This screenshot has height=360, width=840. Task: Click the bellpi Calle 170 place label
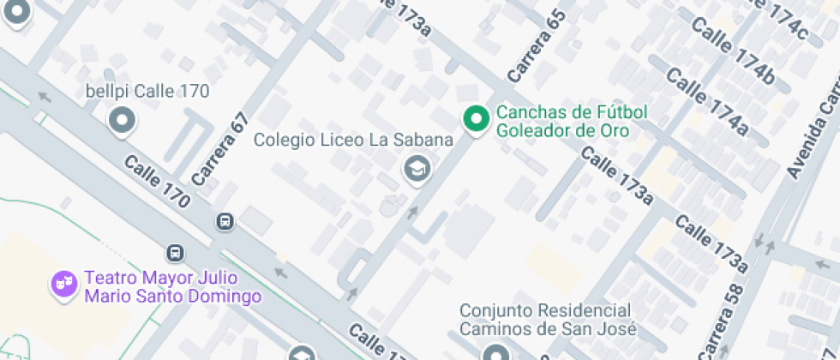[x=147, y=91]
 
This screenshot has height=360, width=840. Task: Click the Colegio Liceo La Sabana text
[x=353, y=140]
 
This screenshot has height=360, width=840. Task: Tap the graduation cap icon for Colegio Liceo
[x=417, y=169]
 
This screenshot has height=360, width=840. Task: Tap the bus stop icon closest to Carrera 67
[x=225, y=221]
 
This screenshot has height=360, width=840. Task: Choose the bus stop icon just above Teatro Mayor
[x=175, y=253]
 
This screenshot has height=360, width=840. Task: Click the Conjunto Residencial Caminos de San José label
[x=548, y=319]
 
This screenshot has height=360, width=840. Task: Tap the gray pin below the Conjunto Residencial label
[x=495, y=352]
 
